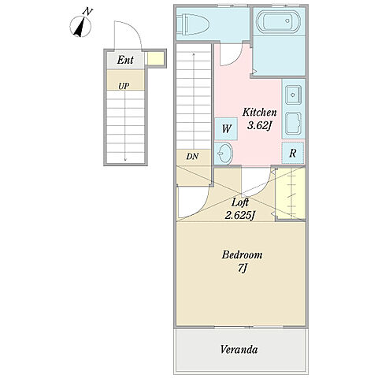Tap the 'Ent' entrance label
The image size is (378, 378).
pyautogui.click(x=125, y=60)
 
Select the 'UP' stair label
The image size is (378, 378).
pyautogui.click(x=124, y=86)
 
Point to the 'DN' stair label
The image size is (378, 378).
pyautogui.click(x=192, y=157)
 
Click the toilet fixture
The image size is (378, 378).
pyautogui.click(x=193, y=24)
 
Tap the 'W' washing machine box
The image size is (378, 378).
pyautogui.click(x=226, y=129)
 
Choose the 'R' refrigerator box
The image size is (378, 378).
pyautogui.click(x=293, y=153)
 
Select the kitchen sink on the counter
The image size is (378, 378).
pyautogui.click(x=294, y=94)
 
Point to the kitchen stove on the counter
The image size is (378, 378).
pyautogui.click(x=294, y=124)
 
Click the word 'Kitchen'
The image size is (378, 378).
pyautogui.click(x=259, y=113)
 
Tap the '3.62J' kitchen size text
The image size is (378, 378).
pyautogui.click(x=259, y=126)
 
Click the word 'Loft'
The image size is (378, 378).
pyautogui.click(x=240, y=202)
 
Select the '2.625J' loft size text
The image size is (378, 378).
pyautogui.click(x=240, y=215)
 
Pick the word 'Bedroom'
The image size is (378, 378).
pyautogui.click(x=242, y=255)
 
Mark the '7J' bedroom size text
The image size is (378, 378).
pyautogui.click(x=243, y=269)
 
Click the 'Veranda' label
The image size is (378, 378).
pyautogui.click(x=239, y=350)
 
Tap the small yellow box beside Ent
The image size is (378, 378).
pyautogui.click(x=156, y=58)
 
